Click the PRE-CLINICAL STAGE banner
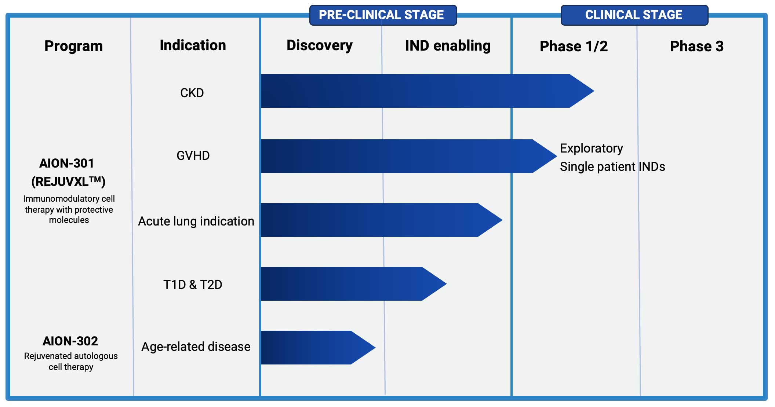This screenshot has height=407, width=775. pyautogui.click(x=383, y=15)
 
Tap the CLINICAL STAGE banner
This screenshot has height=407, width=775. pyautogui.click(x=634, y=15)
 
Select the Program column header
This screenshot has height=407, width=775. pyautogui.click(x=73, y=46)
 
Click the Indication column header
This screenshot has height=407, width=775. pyautogui.click(x=193, y=45)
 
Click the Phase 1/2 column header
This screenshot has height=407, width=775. pyautogui.click(x=574, y=47)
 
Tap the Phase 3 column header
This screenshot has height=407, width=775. pyautogui.click(x=696, y=47)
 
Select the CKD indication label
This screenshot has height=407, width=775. pyautogui.click(x=192, y=93)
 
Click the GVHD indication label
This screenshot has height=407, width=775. pyautogui.click(x=193, y=155)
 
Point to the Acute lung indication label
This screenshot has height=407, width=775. pyautogui.click(x=196, y=221)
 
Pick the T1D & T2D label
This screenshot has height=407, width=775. pyautogui.click(x=193, y=285)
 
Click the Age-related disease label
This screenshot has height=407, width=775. pyautogui.click(x=196, y=346)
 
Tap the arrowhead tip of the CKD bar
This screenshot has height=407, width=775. pyautogui.click(x=594, y=91)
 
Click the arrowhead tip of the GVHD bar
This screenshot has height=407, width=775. pyautogui.click(x=557, y=156)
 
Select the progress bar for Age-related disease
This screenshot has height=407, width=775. pyautogui.click(x=318, y=348)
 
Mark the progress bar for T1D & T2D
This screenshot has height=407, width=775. pyautogui.click(x=353, y=284)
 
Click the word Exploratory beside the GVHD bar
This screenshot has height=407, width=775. pyautogui.click(x=591, y=148)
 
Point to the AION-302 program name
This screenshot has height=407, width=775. pyautogui.click(x=70, y=341)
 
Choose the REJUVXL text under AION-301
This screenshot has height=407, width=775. pyautogui.click(x=68, y=181)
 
